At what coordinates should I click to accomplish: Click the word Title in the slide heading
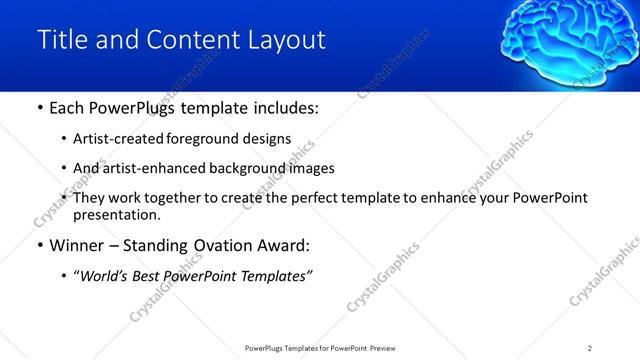pyautogui.click(x=59, y=39)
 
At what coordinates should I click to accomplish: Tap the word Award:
pyautogui.click(x=289, y=244)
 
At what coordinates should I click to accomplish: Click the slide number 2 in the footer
pyautogui.click(x=590, y=348)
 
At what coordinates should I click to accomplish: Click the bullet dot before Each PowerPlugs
pyautogui.click(x=39, y=109)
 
